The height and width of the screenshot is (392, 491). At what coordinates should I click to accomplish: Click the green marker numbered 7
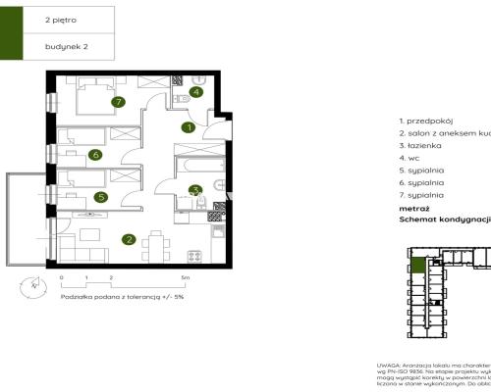(x=117, y=101)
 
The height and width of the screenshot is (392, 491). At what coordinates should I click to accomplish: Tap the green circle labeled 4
(x=196, y=93)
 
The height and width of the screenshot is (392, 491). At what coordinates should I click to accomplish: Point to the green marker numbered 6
(x=94, y=154)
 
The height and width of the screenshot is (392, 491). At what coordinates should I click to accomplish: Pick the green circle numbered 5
(x=101, y=196)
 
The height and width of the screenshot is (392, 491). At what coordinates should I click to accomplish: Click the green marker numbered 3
(x=195, y=190)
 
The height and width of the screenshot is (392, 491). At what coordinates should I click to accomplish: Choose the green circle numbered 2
(x=129, y=238)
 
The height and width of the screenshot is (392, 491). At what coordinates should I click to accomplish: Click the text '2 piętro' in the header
(x=61, y=19)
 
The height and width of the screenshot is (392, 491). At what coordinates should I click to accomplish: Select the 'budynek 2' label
(x=66, y=45)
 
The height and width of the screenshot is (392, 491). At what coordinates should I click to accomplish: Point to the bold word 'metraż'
(x=413, y=208)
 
